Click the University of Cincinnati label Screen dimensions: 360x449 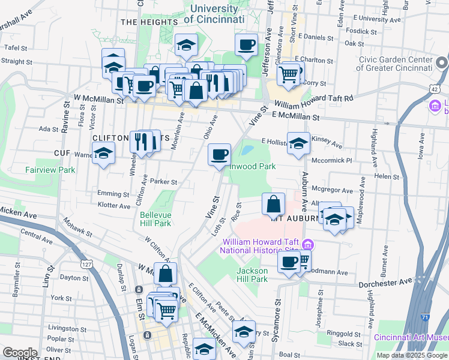214,14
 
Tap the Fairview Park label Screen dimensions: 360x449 50,170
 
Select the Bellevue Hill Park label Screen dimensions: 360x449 155,219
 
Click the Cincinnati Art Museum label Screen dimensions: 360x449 411,337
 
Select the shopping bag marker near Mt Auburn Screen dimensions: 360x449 273,204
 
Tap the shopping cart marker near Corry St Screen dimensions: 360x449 288,74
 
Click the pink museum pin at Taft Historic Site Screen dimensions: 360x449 308,245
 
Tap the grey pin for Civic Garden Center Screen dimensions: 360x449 441,62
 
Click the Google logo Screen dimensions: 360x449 20,352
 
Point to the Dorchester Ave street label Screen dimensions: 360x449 385,282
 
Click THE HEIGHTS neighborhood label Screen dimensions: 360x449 149,22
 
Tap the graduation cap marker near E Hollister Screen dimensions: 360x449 298,143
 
